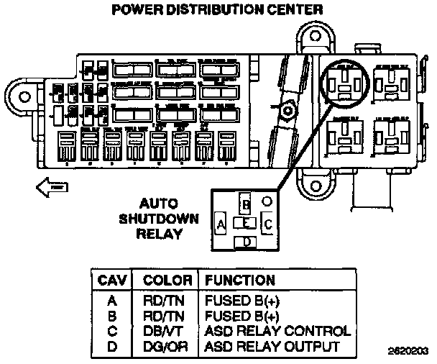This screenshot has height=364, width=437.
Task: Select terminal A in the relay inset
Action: point(221,224)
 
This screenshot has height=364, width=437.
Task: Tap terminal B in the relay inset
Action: point(246,205)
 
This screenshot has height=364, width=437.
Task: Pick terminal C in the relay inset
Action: point(268,224)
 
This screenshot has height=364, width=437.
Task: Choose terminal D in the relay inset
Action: point(247,242)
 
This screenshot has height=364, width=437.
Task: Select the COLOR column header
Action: point(167,279)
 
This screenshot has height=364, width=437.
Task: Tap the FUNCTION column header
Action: point(240,279)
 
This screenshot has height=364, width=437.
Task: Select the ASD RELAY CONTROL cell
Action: point(277,332)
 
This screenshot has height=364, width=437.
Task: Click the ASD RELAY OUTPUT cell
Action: point(272,347)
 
